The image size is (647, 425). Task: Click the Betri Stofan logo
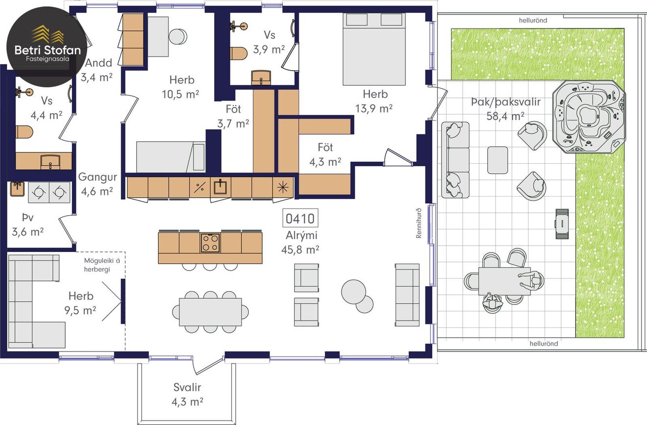(x=47, y=47)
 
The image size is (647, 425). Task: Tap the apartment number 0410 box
(x=300, y=218)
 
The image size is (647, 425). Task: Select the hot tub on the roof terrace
(x=589, y=117)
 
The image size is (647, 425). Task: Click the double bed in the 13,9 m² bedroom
(x=374, y=49)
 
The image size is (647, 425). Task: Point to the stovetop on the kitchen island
(x=210, y=243)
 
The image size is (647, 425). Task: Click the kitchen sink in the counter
(x=220, y=187)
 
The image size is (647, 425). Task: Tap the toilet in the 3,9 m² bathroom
(x=239, y=53)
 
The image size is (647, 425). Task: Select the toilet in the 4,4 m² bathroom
(x=25, y=132)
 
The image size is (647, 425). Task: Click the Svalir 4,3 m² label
(x=187, y=395)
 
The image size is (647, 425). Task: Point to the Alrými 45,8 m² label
(x=300, y=243)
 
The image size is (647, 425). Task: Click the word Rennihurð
(x=419, y=223)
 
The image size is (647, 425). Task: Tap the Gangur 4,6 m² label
(x=98, y=184)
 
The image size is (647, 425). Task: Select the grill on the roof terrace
(x=562, y=224)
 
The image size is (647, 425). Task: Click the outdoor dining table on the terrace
(x=504, y=281)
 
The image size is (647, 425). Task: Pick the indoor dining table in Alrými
(x=210, y=312)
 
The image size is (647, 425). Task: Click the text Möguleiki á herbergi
(x=101, y=265)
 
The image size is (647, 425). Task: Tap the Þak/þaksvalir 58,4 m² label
(x=505, y=109)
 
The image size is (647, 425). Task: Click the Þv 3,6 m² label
(x=28, y=225)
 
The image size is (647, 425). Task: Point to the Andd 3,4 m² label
(x=97, y=70)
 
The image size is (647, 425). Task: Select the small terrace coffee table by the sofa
(x=498, y=160)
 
